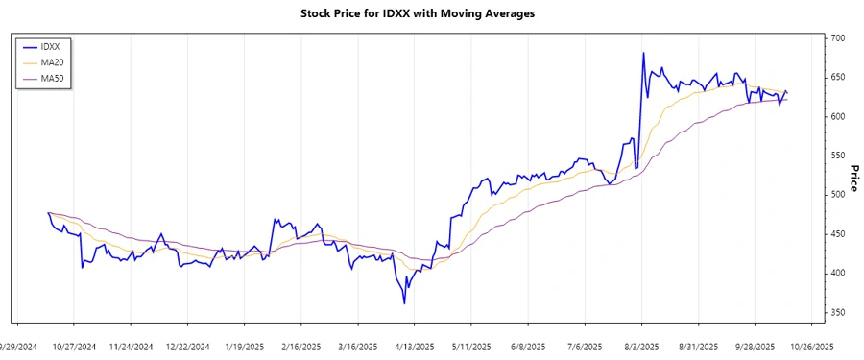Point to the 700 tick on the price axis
point(839,38)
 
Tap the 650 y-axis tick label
point(839,78)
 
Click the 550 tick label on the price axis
point(839,156)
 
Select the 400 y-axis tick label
point(839,274)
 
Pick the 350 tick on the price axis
point(839,313)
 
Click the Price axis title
point(853,178)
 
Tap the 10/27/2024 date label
point(74,347)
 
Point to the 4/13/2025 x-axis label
point(413,347)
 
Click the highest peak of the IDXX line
point(643,53)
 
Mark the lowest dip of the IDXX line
point(404,303)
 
